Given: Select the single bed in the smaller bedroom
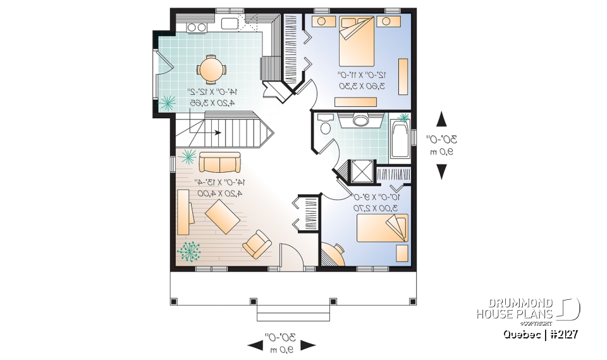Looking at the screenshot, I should [382, 228].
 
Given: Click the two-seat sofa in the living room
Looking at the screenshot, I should [219, 163].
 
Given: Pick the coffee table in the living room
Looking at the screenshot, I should [221, 216].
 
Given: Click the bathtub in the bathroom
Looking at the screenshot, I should [399, 137].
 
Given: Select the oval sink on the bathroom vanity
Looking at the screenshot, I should [361, 120].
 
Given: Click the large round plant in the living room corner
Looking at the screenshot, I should [189, 252].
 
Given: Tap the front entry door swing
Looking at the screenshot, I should [288, 256].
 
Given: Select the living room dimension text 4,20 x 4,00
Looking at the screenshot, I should [219, 193].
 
